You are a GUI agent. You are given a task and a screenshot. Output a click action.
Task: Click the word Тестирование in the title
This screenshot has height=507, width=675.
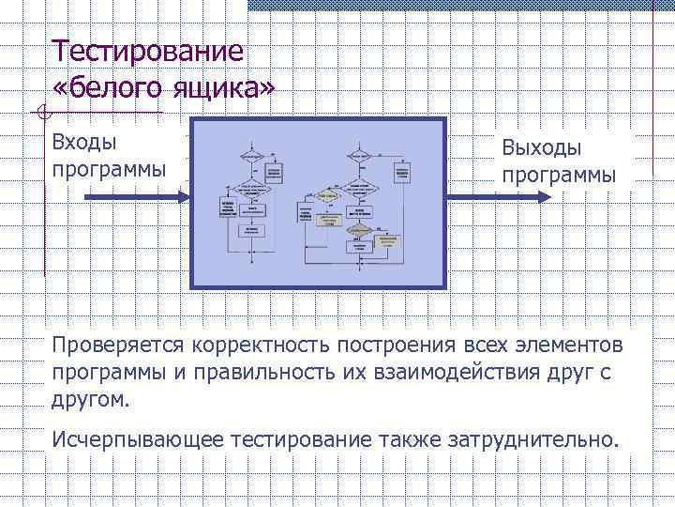click(148, 52)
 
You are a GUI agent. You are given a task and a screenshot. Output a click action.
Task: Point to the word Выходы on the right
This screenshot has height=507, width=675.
click(541, 147)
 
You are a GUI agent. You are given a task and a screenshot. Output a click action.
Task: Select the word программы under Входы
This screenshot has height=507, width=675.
click(110, 170)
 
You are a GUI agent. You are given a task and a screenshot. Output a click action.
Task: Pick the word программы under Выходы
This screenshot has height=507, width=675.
click(559, 176)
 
